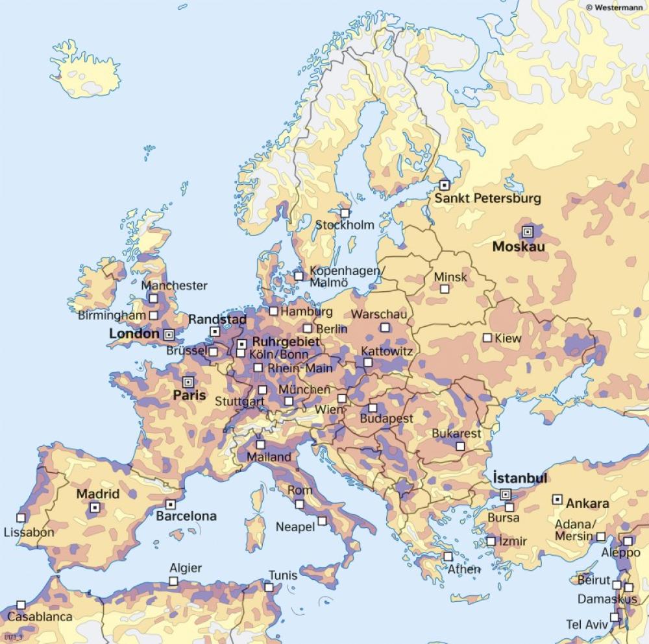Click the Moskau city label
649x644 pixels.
pos(518,246)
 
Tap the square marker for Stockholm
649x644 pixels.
pos(345,213)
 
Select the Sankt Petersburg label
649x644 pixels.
pos(487,198)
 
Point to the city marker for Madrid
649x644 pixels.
pos(95,508)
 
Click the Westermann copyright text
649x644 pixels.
pos(616,6)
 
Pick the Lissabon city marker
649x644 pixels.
pos(21,518)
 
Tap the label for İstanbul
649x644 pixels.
pos(520,478)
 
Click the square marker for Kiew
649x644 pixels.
pos(487,338)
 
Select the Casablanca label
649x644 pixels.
pos(40,617)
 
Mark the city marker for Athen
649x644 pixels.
pos(448,556)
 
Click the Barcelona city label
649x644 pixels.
pos(186,517)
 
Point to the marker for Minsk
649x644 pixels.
pos(445,289)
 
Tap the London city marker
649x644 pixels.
pos(169,335)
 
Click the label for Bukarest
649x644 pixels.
pos(458,433)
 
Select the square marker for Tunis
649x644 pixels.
pos(269,587)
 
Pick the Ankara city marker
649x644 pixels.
pos(557,499)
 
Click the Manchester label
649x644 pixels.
pos(174,285)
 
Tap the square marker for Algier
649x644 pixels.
pos(173,581)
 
